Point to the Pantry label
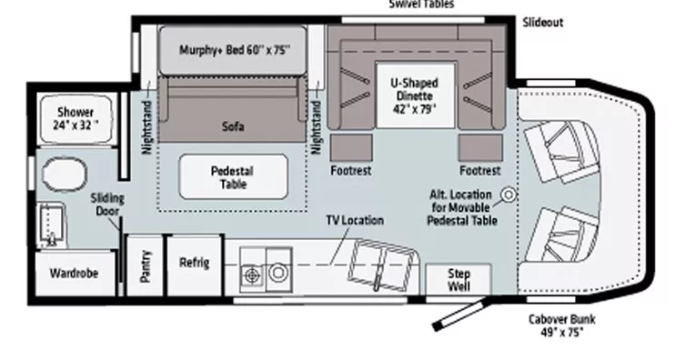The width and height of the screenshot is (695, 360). tap(146, 265)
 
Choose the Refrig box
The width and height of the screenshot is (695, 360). tap(195, 265)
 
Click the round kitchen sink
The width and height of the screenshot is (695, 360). tap(277, 271)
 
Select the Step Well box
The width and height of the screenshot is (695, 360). tap(458, 278)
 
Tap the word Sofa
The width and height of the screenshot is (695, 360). tap(233, 128)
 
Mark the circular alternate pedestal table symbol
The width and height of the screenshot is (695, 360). tap(508, 195)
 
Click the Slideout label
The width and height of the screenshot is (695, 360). tap(542, 22)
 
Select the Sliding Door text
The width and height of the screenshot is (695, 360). tap(106, 205)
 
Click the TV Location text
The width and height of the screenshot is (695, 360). tap(355, 220)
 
